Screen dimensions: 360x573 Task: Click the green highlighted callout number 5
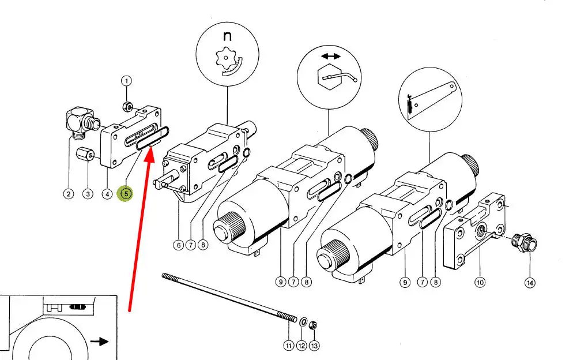click(x=125, y=194)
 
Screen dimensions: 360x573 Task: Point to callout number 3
click(x=107, y=194)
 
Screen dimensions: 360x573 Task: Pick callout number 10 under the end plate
click(x=480, y=282)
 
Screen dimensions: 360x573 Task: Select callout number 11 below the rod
click(x=289, y=346)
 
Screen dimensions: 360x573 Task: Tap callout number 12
click(x=301, y=346)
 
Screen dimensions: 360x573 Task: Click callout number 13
click(x=313, y=346)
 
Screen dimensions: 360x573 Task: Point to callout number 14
click(x=529, y=282)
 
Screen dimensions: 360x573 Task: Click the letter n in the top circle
click(x=227, y=36)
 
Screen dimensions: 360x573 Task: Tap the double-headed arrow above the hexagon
click(x=331, y=56)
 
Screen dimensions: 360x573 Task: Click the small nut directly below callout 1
click(x=127, y=106)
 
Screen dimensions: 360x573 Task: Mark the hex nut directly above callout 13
click(x=313, y=324)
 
